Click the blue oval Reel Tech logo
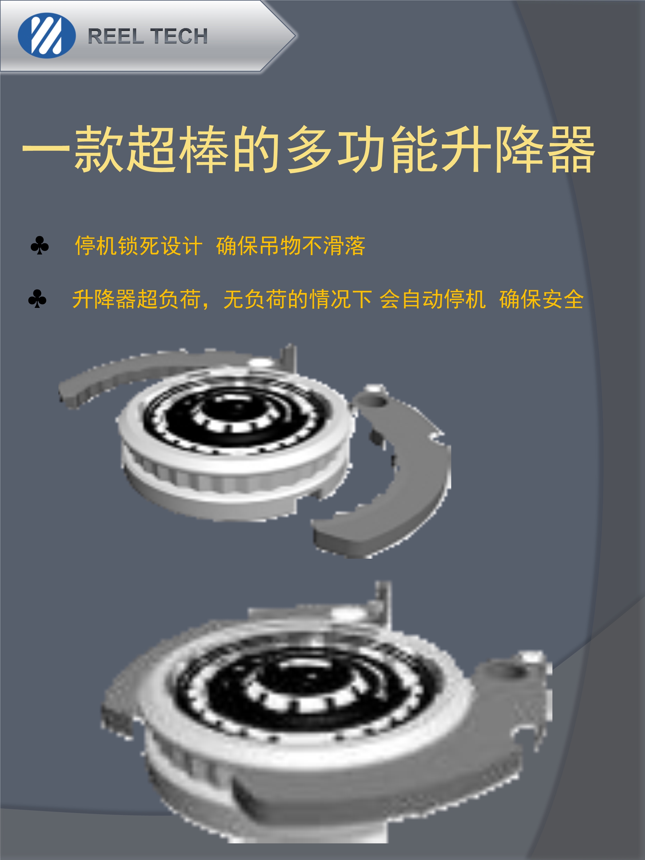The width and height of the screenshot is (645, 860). pyautogui.click(x=47, y=36)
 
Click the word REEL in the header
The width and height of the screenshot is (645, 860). pyautogui.click(x=116, y=36)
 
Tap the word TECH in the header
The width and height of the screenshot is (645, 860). pyautogui.click(x=179, y=36)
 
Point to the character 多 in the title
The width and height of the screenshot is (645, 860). pyautogui.click(x=309, y=150)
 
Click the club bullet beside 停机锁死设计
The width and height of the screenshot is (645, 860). pyautogui.click(x=40, y=245)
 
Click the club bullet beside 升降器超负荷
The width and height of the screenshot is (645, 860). pyautogui.click(x=37, y=299)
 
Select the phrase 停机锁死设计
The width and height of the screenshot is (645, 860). pyautogui.click(x=139, y=246)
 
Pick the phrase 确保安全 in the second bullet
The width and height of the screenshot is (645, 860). pyautogui.click(x=542, y=299)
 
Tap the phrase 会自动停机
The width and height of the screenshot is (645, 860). pyautogui.click(x=433, y=299)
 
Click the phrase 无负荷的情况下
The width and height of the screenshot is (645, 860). pyautogui.click(x=298, y=299)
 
